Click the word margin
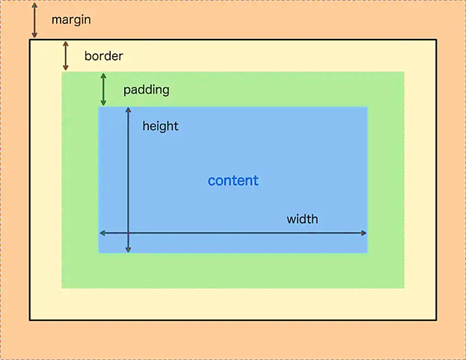[71, 19]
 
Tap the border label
[103, 56]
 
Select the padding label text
[146, 90]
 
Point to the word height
[160, 126]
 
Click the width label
[302, 219]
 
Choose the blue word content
[233, 180]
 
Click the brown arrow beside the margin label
[34, 20]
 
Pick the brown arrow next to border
[66, 55]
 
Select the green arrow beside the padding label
[103, 89]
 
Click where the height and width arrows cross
[128, 234]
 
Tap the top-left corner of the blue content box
[99, 107]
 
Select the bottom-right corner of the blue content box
[367, 252]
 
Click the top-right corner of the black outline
[435, 40]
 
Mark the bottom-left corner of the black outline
[30, 320]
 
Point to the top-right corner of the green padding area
[404, 73]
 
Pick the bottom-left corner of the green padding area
[62, 287]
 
